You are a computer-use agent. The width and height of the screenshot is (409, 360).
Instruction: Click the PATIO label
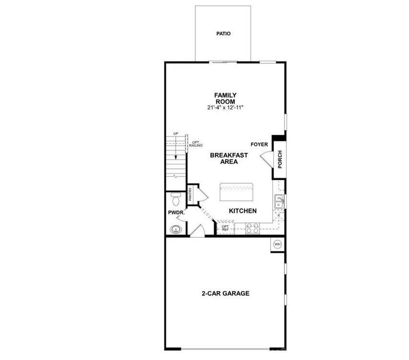point(223,34)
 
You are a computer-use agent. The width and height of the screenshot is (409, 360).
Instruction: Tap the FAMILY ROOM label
point(225,98)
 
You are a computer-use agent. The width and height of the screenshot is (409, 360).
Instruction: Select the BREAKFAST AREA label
point(229,158)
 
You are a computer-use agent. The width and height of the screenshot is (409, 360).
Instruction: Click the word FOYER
point(259,144)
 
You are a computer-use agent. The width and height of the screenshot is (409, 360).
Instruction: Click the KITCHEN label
point(243,211)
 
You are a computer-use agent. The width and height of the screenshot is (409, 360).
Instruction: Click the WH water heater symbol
point(277,244)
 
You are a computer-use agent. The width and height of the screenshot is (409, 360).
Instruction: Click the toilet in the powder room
point(175,197)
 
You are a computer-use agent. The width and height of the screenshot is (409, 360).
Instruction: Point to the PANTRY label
point(190,194)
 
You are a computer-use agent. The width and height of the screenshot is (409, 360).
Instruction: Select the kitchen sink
point(279,202)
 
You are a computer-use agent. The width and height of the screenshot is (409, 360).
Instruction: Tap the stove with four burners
point(252,228)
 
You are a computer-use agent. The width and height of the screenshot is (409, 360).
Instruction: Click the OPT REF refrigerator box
point(225,228)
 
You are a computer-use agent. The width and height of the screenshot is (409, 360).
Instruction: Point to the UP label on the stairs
point(176,134)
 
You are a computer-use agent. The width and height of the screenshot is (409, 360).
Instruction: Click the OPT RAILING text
point(195,144)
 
